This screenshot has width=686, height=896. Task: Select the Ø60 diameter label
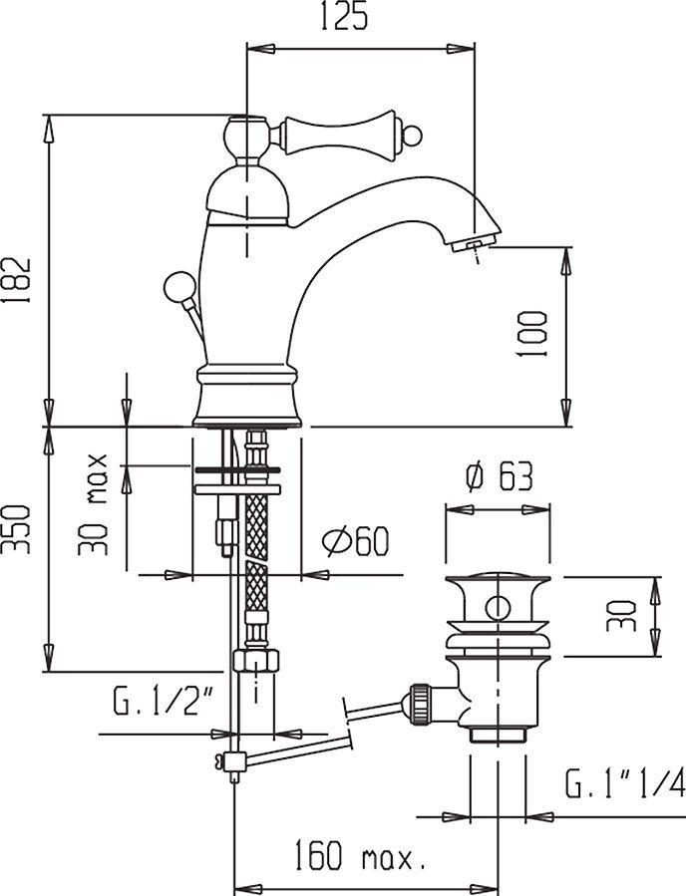click(x=354, y=542)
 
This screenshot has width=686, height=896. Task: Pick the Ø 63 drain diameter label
click(x=498, y=478)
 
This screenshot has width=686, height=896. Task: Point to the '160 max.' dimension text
click(x=360, y=854)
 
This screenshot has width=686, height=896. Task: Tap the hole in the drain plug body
click(x=498, y=608)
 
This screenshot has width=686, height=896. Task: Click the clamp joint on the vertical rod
click(x=235, y=762)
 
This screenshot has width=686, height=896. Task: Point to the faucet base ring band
click(x=247, y=377)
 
